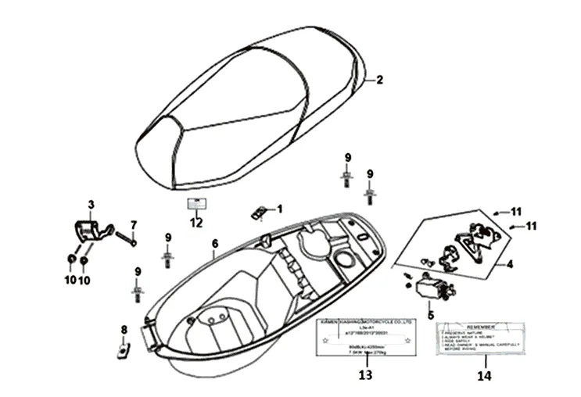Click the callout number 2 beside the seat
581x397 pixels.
tap(380, 80)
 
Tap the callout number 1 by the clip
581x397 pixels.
tap(280, 209)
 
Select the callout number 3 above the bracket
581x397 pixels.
tap(91, 205)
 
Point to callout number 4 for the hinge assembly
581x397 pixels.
tap(509, 264)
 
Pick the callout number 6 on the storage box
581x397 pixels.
tap(214, 244)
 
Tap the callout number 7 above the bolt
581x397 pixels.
tap(134, 225)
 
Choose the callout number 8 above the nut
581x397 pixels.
tap(123, 329)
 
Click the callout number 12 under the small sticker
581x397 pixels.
tap(195, 223)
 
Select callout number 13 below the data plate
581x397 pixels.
tap(365, 375)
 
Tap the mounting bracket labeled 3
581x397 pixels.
tap(88, 232)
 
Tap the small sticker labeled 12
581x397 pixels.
tap(195, 205)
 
